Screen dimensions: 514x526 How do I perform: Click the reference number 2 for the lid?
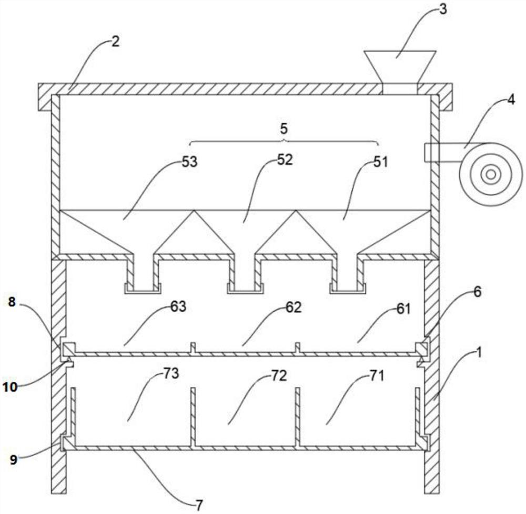click(114, 42)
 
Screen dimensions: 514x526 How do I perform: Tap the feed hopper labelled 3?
click(400, 66)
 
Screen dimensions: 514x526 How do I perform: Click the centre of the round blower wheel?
click(491, 174)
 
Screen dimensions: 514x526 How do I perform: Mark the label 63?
click(178, 307)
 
